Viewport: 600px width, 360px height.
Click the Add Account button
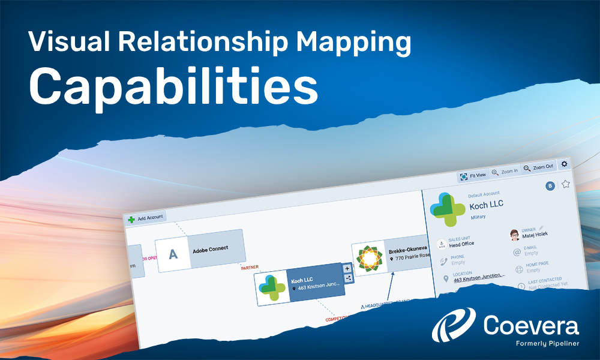[145, 218]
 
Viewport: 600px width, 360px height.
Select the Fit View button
[473, 176]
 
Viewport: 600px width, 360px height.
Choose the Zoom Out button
[538, 167]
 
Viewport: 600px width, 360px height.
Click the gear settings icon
[564, 164]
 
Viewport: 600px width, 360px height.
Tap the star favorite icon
[565, 184]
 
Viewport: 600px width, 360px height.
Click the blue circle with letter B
[550, 186]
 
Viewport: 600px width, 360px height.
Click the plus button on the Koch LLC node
[347, 268]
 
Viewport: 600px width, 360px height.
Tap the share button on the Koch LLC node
[349, 278]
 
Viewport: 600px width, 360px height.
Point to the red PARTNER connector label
[250, 268]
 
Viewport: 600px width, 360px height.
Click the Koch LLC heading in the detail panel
[487, 204]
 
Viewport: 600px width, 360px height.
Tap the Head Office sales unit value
[461, 244]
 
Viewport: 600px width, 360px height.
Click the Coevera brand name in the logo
[531, 327]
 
